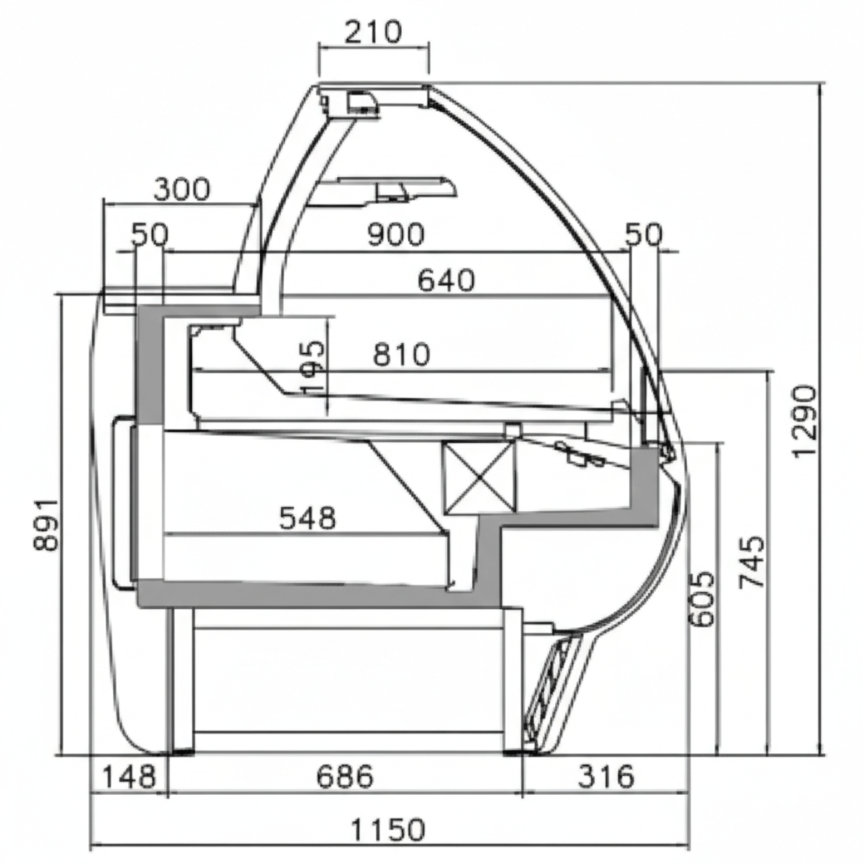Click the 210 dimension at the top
(373, 32)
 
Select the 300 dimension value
(181, 189)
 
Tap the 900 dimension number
(395, 235)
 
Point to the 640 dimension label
(446, 281)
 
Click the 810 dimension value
(401, 354)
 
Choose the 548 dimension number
(307, 518)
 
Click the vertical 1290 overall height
(805, 421)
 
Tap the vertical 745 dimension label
(751, 562)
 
